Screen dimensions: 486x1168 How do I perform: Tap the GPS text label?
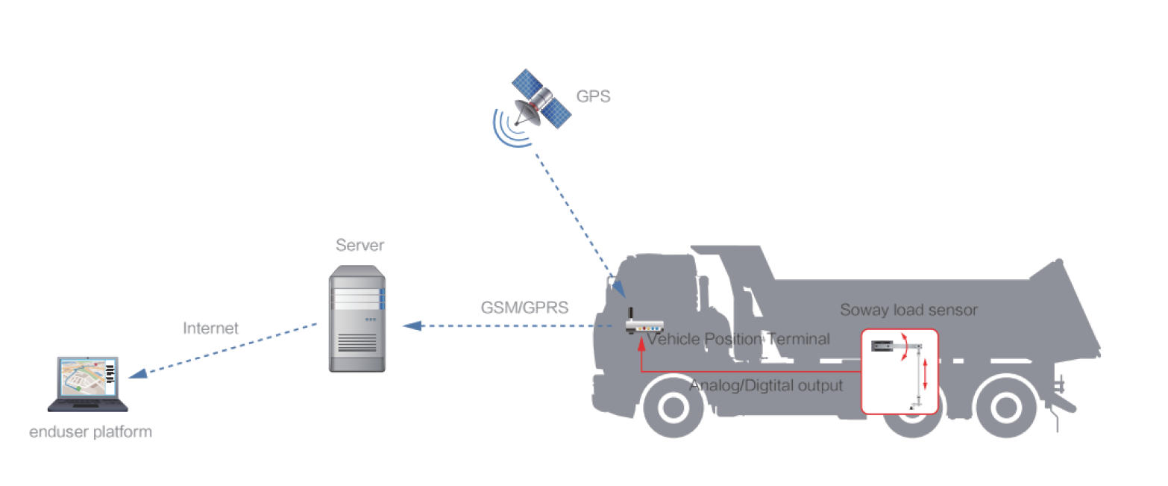coord(593,96)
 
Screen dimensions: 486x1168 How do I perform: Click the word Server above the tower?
coord(359,246)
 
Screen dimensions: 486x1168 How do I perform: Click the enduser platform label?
coord(90,432)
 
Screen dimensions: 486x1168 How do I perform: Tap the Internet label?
coord(210,328)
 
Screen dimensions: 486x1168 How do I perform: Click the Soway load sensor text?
coord(908,310)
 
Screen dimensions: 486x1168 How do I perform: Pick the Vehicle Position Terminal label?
coord(738,340)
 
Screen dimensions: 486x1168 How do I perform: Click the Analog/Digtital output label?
coord(766,386)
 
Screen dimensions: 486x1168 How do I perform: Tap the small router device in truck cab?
coord(644,325)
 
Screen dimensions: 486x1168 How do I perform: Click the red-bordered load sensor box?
coord(899,370)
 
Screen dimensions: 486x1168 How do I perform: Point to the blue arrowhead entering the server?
coord(411,325)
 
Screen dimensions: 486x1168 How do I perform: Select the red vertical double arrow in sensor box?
coord(925,373)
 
